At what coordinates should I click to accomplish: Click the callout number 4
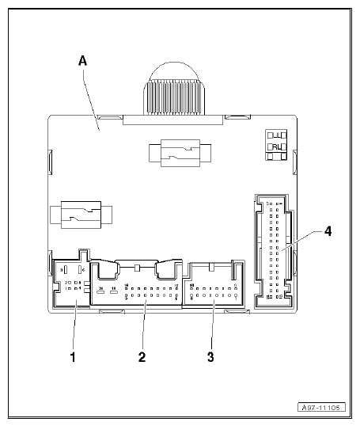328,232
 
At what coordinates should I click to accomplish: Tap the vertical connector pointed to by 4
272,250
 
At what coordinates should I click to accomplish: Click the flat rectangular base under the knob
173,118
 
